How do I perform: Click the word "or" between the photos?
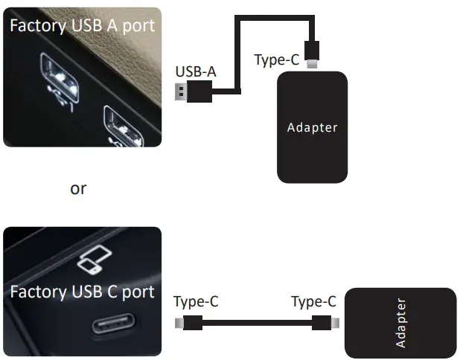tap(78, 189)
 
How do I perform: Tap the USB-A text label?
tap(196, 72)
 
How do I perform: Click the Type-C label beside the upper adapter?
tap(277, 60)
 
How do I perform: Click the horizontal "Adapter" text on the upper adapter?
tap(313, 127)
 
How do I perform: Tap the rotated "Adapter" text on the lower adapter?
tap(400, 323)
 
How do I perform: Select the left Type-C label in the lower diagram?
tap(196, 302)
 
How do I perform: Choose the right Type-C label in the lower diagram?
tap(313, 302)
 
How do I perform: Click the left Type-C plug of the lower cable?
tap(190, 324)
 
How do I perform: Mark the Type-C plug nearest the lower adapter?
tap(325, 324)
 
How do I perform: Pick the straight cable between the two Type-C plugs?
tap(257, 324)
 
